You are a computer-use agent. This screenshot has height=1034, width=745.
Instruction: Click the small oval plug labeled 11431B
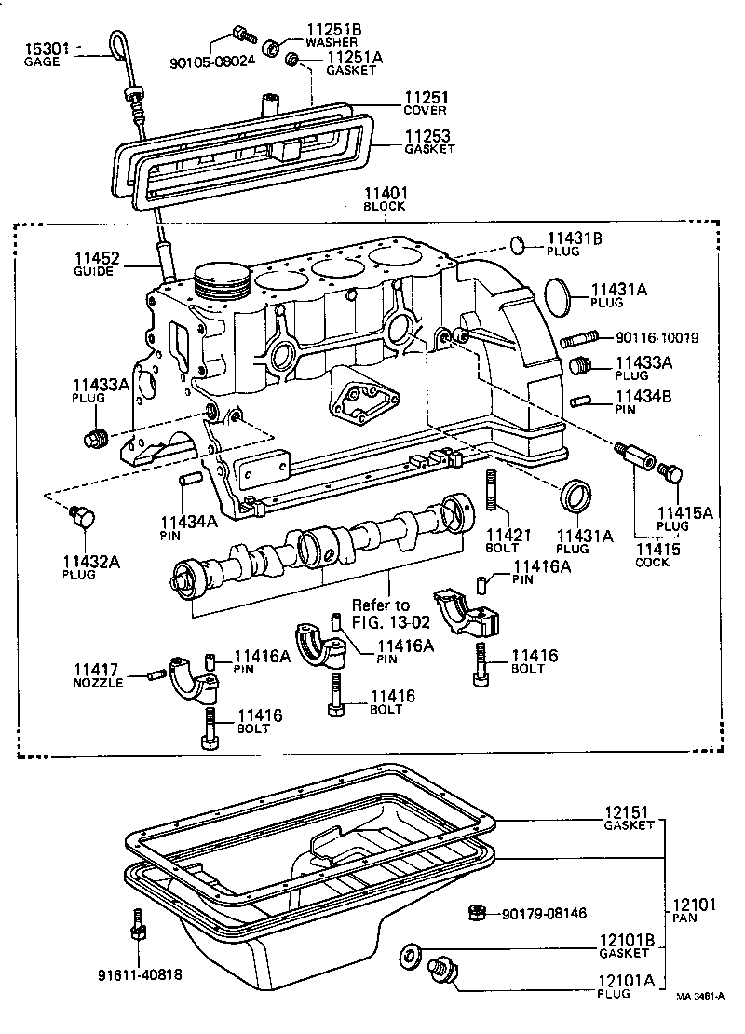coord(518,246)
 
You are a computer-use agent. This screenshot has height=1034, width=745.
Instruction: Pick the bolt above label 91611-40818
coord(137,925)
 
